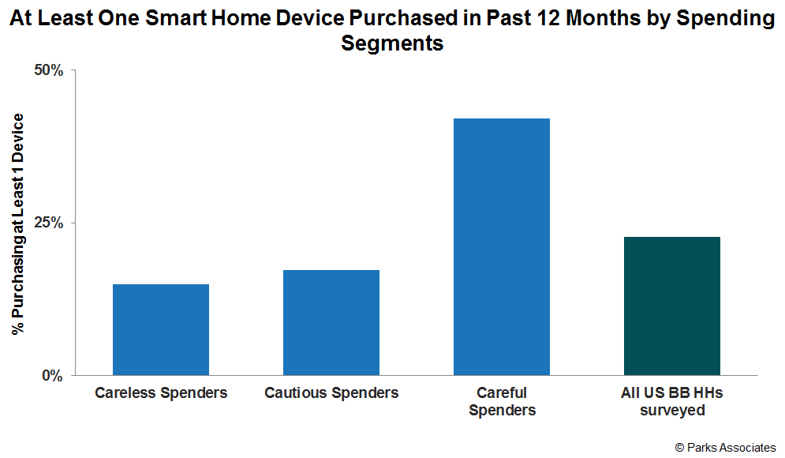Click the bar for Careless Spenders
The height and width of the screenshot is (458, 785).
click(161, 329)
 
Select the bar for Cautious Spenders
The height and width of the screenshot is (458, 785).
click(331, 322)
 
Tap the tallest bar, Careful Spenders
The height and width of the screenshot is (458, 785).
click(502, 246)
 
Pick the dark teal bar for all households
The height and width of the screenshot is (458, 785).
click(672, 306)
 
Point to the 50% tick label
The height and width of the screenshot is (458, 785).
click(47, 70)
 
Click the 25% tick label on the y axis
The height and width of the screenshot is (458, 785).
click(47, 223)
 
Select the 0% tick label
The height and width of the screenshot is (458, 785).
click(51, 376)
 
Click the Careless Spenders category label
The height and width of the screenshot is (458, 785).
click(161, 393)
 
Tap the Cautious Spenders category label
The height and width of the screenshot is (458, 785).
click(331, 393)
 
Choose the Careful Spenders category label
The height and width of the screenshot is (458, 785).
click(502, 401)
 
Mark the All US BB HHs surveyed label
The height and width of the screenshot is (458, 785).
click(672, 401)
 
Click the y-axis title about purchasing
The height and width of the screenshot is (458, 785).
click(17, 223)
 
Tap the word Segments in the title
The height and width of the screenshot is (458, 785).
click(392, 43)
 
